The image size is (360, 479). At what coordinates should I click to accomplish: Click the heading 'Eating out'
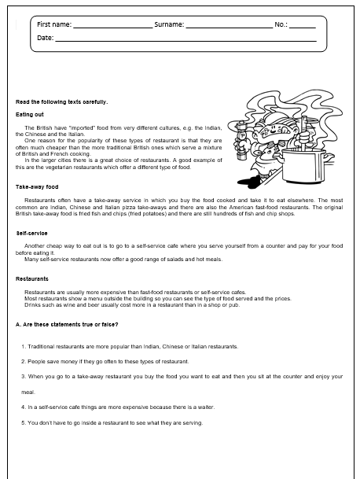30,114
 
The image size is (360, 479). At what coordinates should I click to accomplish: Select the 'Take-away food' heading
37,187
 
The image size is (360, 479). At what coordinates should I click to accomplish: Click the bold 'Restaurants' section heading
33,279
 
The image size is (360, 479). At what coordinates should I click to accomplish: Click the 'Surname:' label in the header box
169,25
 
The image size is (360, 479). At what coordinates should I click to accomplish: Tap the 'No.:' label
281,25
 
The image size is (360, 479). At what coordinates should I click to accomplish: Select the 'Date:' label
46,38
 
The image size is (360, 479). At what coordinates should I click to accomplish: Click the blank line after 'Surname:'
228,27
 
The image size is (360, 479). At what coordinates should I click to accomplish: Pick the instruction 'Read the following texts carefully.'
62,101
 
